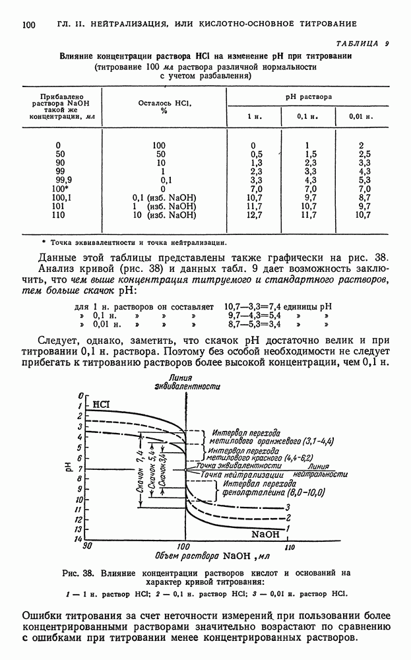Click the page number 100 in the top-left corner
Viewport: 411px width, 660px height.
click(28, 25)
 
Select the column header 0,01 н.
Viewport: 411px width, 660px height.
click(361, 116)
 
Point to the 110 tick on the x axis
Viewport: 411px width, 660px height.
click(288, 547)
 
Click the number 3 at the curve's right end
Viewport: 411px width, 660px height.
click(288, 507)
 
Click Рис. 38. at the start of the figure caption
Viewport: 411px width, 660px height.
click(76, 572)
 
